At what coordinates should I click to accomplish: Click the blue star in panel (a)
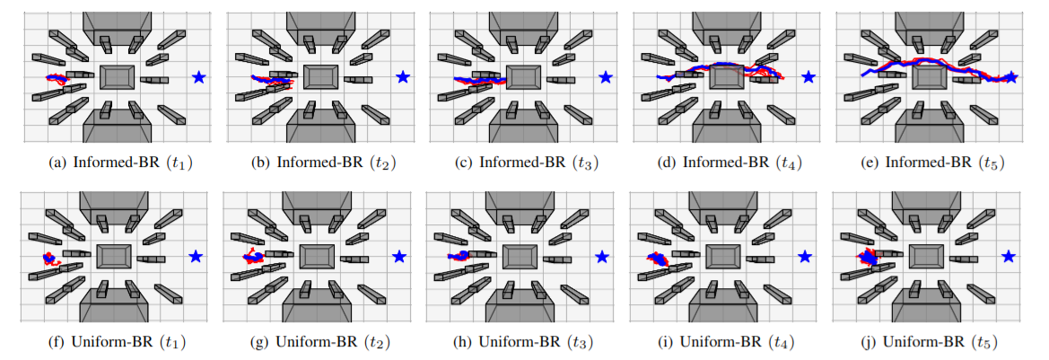(198, 78)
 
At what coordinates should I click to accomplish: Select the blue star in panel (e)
(1011, 78)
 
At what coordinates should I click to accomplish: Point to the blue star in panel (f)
(197, 257)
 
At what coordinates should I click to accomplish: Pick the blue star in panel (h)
(602, 257)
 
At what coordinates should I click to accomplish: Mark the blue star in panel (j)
(1009, 257)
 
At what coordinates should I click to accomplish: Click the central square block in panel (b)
(319, 76)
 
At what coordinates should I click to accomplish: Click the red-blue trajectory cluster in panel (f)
(49, 259)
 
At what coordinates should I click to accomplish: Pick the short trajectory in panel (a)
(57, 79)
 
